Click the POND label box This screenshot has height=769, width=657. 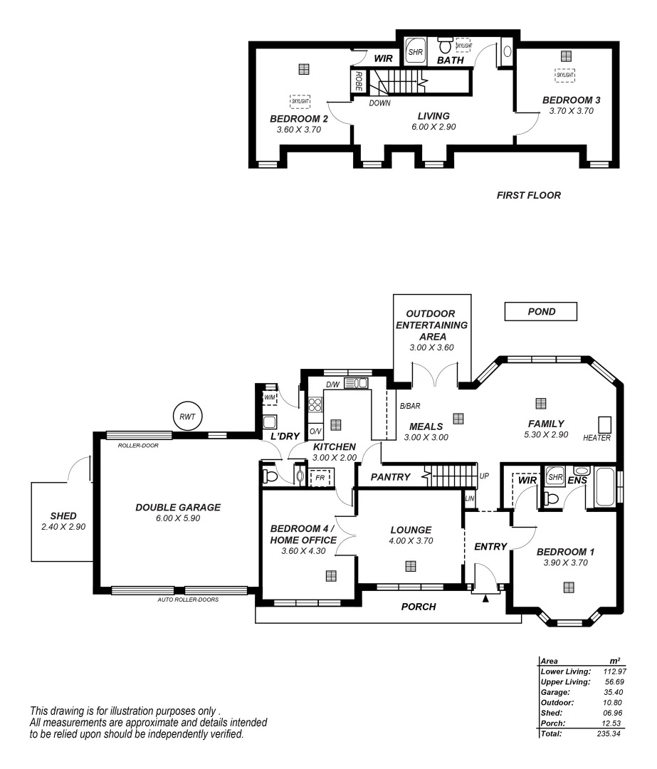click(x=540, y=312)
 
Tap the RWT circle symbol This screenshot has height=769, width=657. click(x=188, y=417)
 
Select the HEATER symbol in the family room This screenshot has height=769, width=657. click(x=604, y=423)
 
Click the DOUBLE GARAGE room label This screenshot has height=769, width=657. click(x=178, y=508)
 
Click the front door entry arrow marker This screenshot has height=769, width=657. click(x=486, y=599)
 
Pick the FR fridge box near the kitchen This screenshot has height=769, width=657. click(x=321, y=476)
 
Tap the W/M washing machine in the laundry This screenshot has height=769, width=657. click(x=270, y=397)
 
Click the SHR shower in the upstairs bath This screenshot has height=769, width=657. click(x=415, y=51)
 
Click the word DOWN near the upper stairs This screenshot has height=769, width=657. click(x=379, y=103)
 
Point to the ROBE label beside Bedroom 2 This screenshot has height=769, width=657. click(x=358, y=79)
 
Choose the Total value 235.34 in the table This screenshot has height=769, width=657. click(x=606, y=733)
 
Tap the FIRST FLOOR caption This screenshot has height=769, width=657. click(x=528, y=195)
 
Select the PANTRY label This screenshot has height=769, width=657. click(x=390, y=477)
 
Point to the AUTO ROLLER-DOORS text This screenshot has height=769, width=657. click(x=188, y=600)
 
